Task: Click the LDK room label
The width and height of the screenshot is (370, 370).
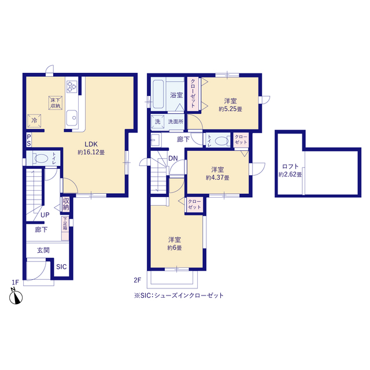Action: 91,144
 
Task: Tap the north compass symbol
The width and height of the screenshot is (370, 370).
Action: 16,297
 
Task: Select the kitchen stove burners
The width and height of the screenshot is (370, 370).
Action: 72,86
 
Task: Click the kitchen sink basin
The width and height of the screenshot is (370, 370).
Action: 71,117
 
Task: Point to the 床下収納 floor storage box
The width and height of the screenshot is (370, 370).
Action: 55,103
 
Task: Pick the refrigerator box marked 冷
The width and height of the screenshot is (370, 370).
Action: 34,121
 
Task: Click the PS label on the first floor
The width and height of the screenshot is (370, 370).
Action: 29,140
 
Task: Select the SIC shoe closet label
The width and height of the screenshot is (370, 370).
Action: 61,267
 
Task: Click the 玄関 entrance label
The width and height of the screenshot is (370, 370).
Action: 43,250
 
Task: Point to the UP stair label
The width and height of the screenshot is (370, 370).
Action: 45,215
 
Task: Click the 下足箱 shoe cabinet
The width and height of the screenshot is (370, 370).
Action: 65,228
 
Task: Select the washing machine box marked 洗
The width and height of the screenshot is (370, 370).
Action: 158,122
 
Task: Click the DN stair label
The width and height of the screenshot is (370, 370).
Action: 173,158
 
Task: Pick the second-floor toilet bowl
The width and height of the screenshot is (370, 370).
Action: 222,141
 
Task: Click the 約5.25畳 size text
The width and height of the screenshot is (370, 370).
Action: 231,109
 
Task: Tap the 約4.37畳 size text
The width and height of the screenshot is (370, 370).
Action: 217,177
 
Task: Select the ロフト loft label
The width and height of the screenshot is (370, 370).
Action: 290,166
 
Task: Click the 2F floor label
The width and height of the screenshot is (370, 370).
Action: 138,280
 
